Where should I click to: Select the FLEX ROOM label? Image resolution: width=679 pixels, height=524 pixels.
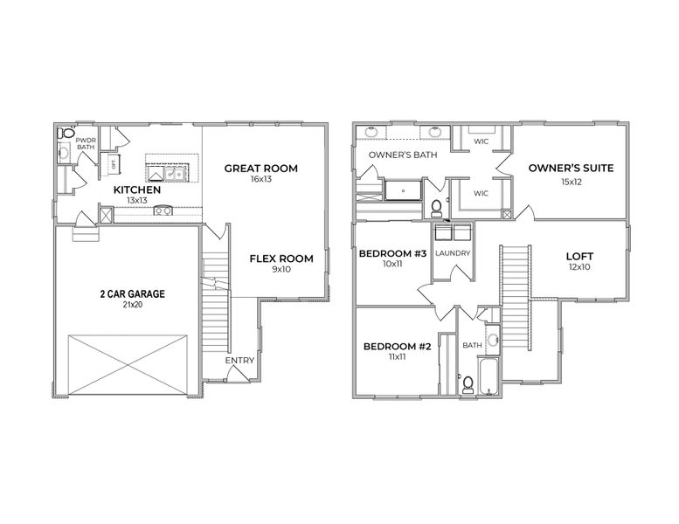(x=281, y=259)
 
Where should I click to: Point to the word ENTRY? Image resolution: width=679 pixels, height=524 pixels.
(x=239, y=361)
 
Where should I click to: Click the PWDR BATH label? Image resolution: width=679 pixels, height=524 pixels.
(x=86, y=143)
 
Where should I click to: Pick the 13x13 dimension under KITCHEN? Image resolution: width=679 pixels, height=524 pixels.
(x=137, y=200)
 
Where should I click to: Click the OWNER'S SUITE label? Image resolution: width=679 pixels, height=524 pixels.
(x=570, y=169)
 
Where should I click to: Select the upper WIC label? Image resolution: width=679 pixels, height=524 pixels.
(x=481, y=141)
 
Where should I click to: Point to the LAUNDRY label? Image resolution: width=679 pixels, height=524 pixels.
(x=453, y=254)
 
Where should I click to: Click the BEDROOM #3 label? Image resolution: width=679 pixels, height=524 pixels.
(x=393, y=254)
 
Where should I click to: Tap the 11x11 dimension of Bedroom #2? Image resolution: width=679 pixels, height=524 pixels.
(x=397, y=357)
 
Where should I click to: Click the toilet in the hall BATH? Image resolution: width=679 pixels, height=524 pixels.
(x=468, y=382)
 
